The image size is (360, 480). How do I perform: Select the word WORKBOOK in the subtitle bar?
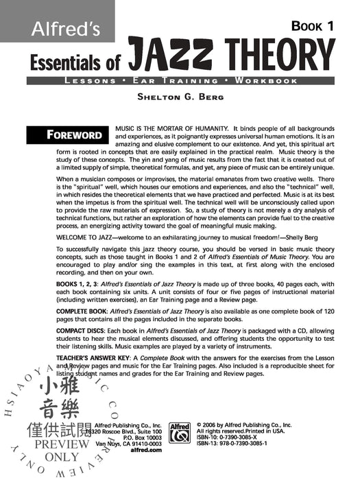pos(266,81)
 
